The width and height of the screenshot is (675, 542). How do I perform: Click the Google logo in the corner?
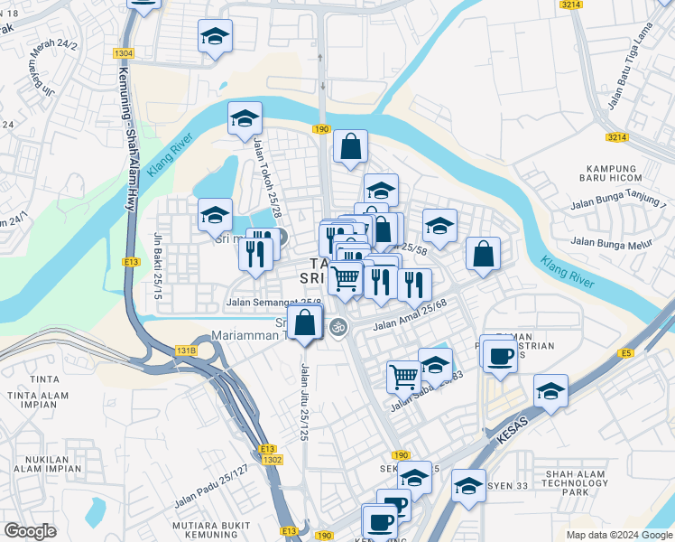30,531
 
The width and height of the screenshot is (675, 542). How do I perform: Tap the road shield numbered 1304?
125,54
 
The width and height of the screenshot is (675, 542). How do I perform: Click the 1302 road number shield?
273,460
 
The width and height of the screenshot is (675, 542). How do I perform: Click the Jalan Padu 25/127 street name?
210,485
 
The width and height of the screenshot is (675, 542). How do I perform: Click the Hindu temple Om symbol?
339,326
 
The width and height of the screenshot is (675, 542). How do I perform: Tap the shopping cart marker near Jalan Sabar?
403,375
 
